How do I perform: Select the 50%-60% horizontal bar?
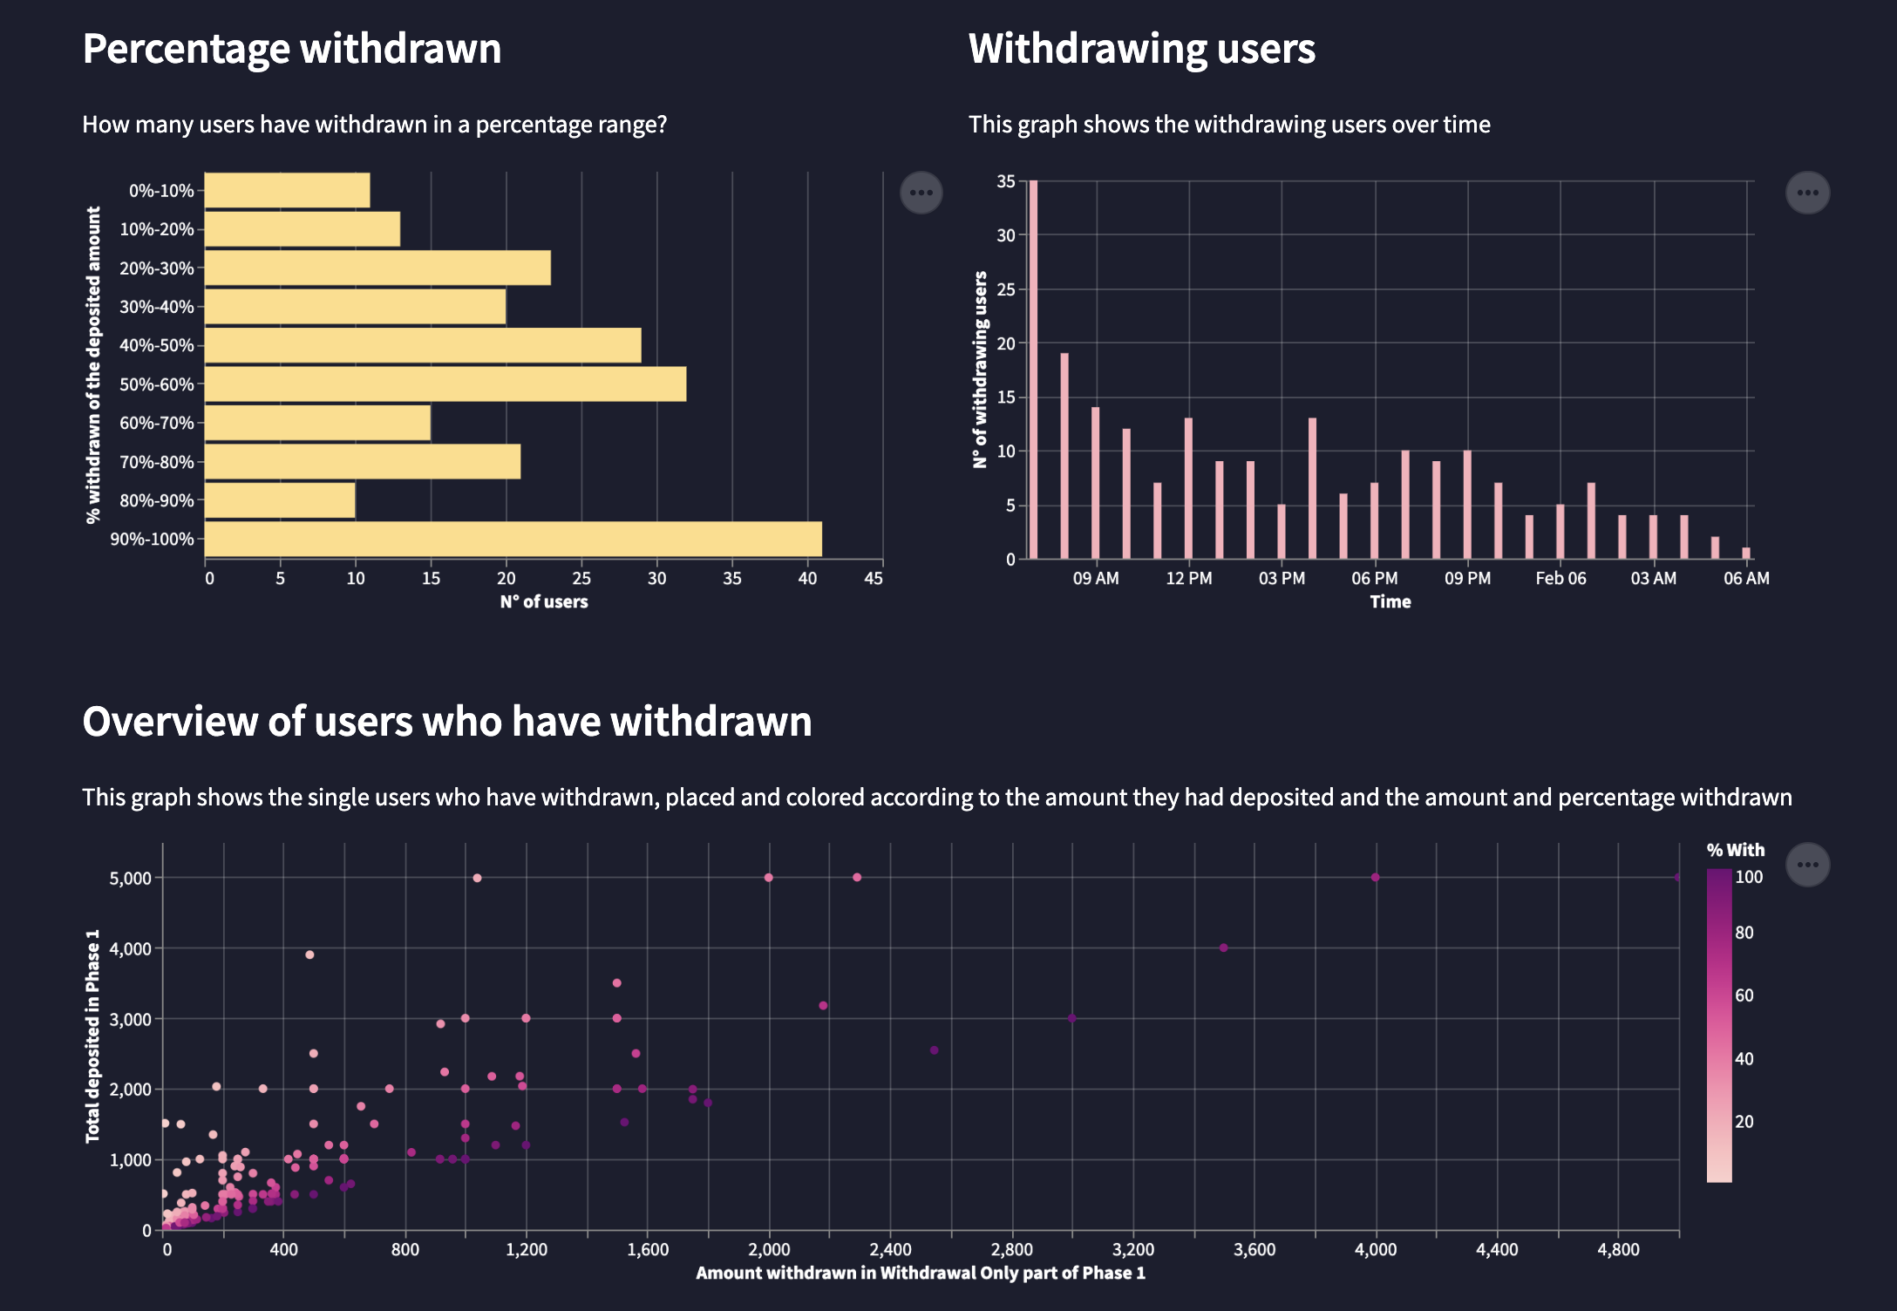click(x=445, y=384)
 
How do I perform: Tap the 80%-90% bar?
click(x=280, y=500)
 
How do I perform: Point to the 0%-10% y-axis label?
click(x=161, y=191)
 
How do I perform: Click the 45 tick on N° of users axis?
click(x=874, y=579)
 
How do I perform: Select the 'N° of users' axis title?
click(x=544, y=602)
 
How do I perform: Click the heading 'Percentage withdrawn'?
click(x=292, y=49)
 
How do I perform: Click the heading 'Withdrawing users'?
click(x=1142, y=49)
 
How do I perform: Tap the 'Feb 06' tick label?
click(x=1560, y=579)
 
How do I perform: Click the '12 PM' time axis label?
click(x=1189, y=579)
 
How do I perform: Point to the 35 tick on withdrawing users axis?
click(x=1006, y=181)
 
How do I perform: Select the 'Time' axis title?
click(x=1390, y=602)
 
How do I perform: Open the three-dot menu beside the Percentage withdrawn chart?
click(x=921, y=193)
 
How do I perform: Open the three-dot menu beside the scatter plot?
click(x=1808, y=865)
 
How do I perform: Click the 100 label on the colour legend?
click(x=1749, y=877)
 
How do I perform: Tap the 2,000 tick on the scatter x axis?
click(x=769, y=1250)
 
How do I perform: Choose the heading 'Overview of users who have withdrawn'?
click(x=447, y=722)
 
